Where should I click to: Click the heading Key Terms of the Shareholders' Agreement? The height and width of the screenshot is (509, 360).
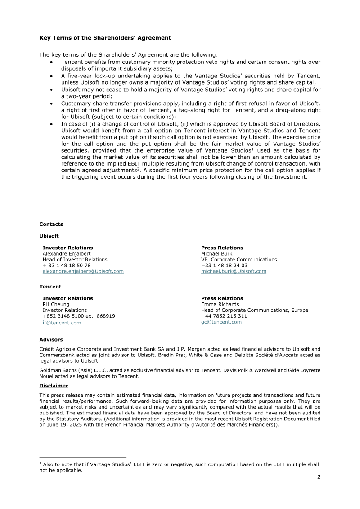105,38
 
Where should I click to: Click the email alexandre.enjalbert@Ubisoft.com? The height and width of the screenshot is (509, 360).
83,271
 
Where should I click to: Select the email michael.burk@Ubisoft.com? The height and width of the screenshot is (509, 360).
234,271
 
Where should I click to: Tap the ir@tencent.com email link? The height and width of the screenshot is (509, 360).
62,323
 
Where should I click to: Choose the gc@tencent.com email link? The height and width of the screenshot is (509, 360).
221,322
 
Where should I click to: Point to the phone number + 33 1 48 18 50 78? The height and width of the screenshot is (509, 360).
67,266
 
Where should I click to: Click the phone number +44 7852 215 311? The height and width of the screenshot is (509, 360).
224,316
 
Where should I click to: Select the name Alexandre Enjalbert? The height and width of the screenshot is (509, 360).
67,253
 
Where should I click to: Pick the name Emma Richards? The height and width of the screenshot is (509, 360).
220,304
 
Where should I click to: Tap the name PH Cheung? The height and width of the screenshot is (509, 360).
56,304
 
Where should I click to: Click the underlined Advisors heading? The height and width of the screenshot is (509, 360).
51,340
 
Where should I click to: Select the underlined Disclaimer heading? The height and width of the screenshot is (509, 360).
54,386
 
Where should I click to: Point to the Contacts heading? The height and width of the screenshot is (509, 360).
51,224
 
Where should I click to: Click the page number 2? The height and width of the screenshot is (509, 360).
319,477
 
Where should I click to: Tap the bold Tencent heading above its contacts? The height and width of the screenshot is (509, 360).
50,287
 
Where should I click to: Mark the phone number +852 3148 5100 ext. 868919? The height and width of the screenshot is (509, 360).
79,316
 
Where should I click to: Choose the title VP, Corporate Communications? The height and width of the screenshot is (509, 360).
239,259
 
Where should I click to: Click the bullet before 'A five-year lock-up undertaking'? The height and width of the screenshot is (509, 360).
54,76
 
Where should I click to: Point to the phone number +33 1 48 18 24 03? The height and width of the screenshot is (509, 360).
224,266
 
